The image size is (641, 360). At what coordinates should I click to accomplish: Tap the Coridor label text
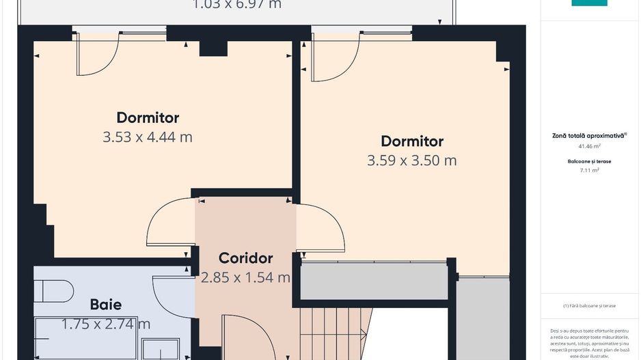(245, 258)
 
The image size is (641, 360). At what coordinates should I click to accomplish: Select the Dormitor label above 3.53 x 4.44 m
(148, 117)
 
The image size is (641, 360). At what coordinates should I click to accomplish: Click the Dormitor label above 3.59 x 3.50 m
(411, 141)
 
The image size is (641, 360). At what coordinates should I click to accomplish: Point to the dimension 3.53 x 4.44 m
(148, 137)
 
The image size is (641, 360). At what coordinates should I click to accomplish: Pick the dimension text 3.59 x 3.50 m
(411, 161)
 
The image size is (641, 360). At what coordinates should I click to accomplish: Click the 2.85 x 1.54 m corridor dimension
(245, 278)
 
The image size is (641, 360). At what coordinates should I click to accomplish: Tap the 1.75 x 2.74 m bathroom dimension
(106, 324)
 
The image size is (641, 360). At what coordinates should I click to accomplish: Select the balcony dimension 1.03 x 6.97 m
(236, 5)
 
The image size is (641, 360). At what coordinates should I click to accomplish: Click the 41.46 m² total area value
(589, 146)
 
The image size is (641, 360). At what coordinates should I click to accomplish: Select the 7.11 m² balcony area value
(589, 171)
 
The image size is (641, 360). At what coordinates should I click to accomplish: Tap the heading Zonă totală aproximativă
(589, 136)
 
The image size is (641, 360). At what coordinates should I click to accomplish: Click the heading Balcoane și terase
(589, 161)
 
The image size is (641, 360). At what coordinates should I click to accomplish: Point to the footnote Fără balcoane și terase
(589, 305)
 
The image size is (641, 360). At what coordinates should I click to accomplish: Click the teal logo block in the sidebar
(589, 3)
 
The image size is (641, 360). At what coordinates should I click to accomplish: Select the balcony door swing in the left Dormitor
(97, 55)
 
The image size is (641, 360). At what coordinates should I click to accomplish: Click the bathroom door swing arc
(171, 294)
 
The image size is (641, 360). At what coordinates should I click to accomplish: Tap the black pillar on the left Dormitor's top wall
(213, 48)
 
